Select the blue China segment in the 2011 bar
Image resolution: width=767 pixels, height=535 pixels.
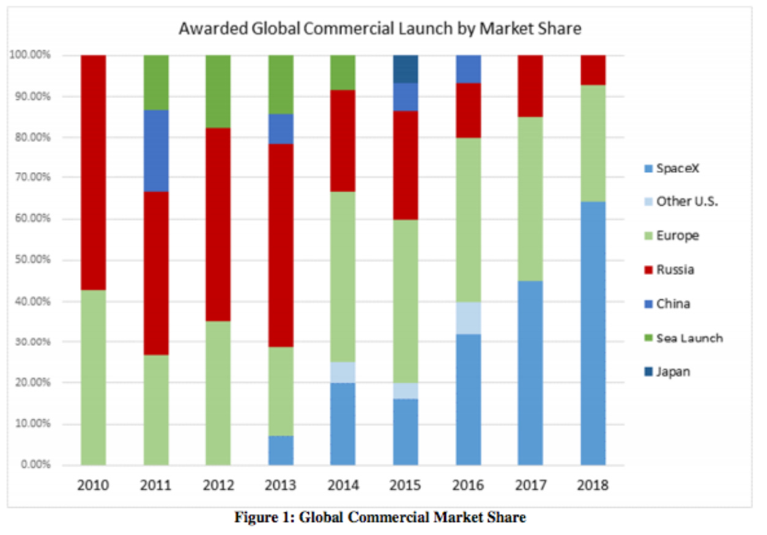pos(156,151)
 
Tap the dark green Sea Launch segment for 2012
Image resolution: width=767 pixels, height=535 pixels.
pos(218,91)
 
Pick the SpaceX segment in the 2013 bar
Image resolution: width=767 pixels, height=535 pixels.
pos(281,450)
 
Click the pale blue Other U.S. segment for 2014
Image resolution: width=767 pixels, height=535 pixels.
pos(343,372)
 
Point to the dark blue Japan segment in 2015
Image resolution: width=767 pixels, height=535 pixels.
pos(405,69)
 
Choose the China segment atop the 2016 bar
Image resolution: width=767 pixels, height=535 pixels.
pos(468,69)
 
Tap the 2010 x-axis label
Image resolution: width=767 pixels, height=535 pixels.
pos(93,485)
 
